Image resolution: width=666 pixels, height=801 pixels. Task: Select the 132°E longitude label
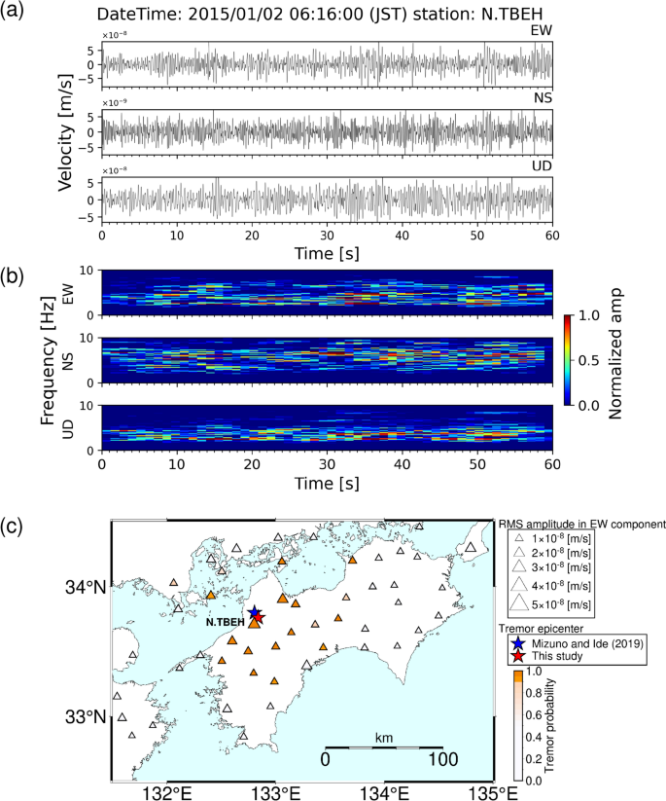pos(168,789)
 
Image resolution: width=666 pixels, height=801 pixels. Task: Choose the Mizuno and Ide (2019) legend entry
pos(577,643)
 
